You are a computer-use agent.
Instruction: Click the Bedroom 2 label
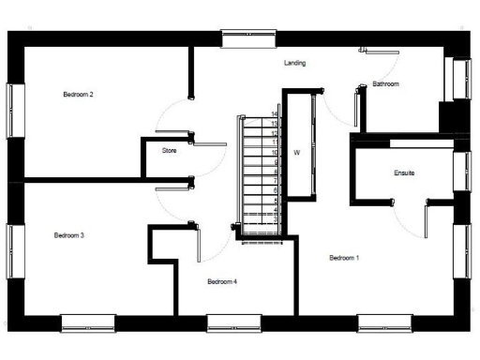coord(78,95)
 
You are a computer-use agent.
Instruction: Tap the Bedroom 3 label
coord(69,235)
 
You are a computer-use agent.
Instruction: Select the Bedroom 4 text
coord(222,281)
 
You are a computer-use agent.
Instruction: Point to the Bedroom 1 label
coord(344,257)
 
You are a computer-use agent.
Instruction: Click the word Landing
coord(295,63)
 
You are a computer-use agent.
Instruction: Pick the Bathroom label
coord(385,84)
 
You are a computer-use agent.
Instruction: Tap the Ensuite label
coord(405,174)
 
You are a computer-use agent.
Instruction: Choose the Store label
coord(169,150)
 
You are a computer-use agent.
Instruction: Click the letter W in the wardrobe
coord(296,152)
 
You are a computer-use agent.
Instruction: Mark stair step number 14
coord(274,113)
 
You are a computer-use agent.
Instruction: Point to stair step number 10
coord(274,152)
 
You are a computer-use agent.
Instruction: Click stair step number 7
coord(274,181)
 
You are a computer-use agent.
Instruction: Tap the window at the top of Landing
coord(247,37)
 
